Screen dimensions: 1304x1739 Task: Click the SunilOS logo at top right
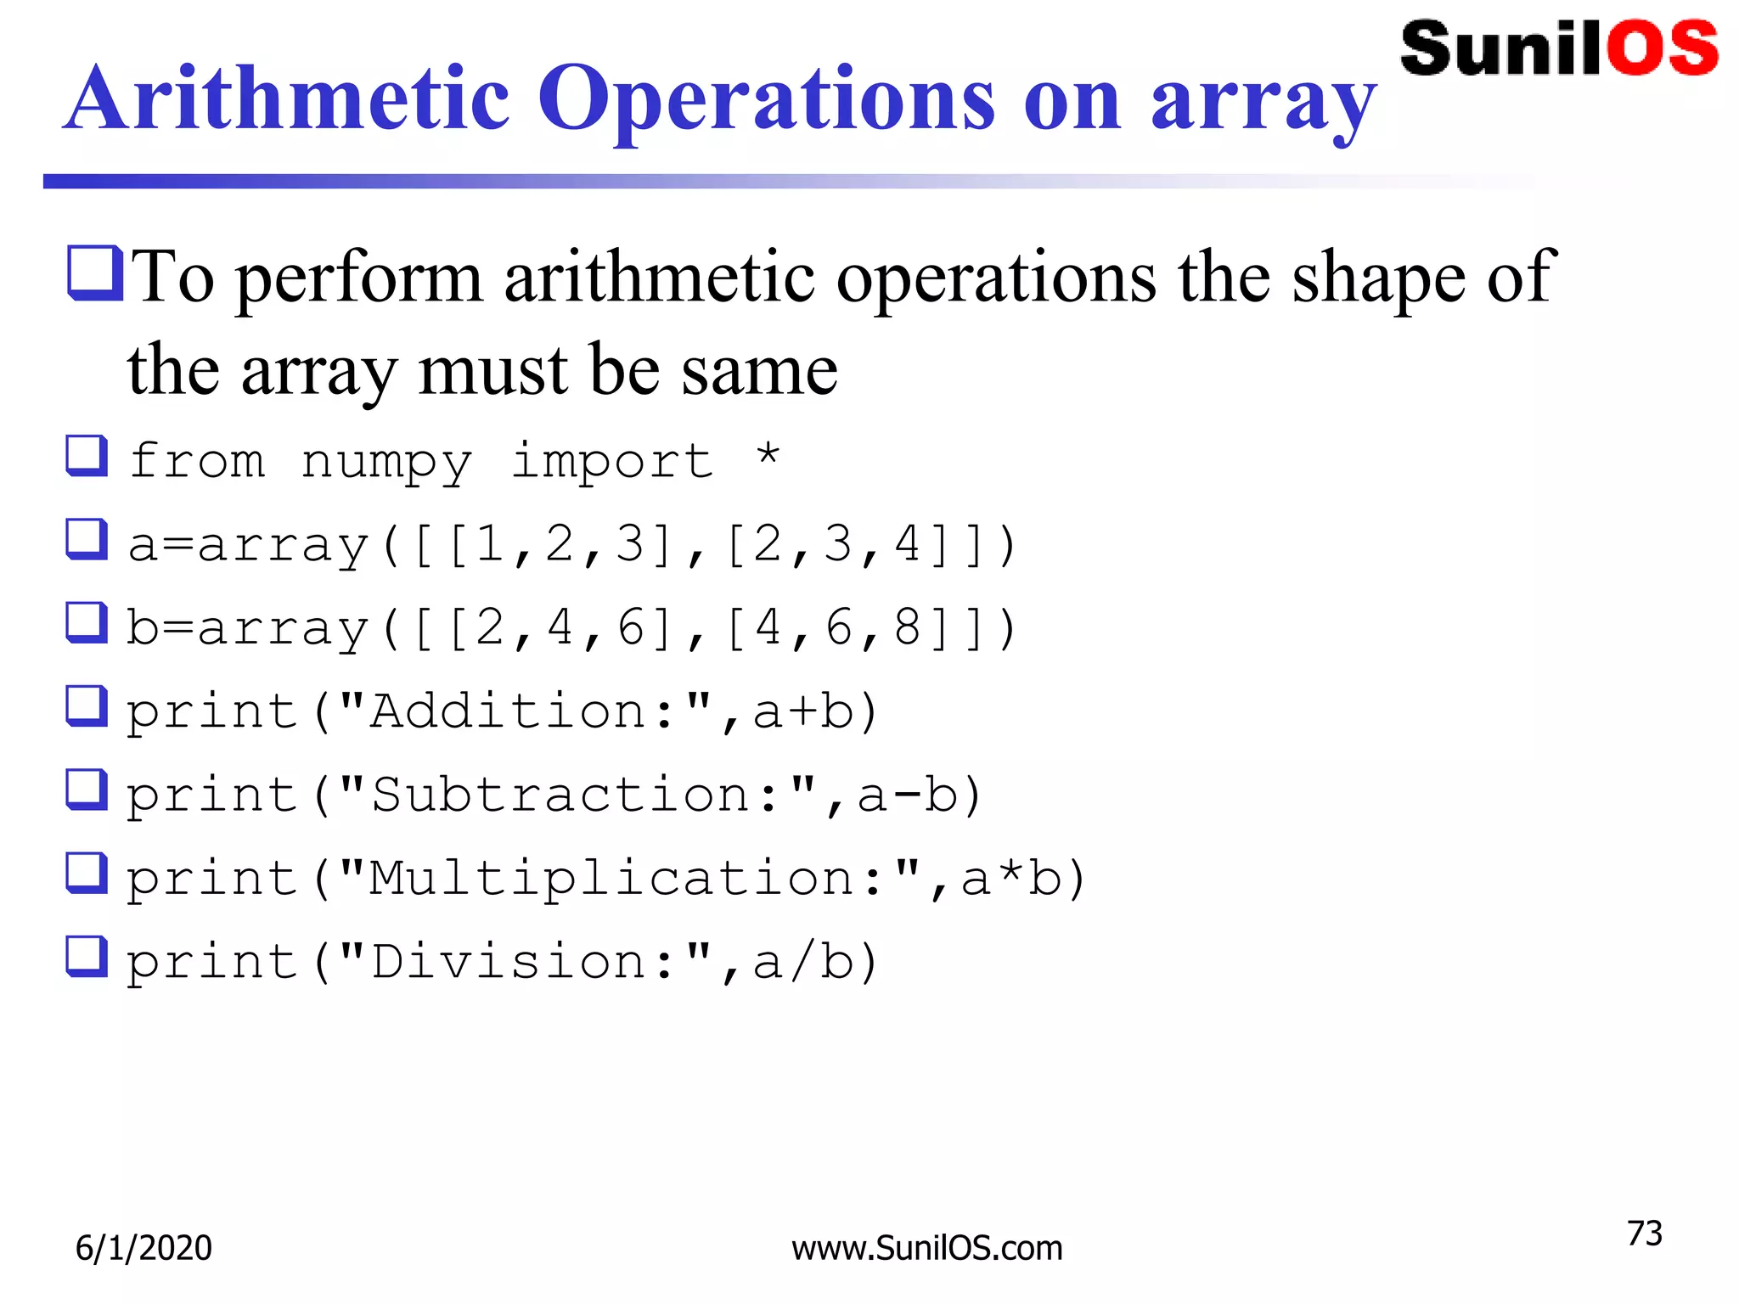1559,48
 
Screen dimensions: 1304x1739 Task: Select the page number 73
1644,1234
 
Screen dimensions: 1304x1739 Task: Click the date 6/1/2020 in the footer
144,1248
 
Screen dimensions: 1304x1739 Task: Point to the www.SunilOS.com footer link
926,1248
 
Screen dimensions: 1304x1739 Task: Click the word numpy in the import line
386,463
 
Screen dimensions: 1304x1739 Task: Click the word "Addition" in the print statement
508,711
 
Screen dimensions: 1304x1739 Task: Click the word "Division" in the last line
508,962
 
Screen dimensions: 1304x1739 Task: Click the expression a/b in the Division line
802,962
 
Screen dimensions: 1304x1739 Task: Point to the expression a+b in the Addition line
802,711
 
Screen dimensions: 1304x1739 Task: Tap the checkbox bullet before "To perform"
95,273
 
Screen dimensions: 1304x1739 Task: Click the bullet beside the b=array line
87,622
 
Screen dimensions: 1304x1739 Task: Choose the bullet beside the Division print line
87,957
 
